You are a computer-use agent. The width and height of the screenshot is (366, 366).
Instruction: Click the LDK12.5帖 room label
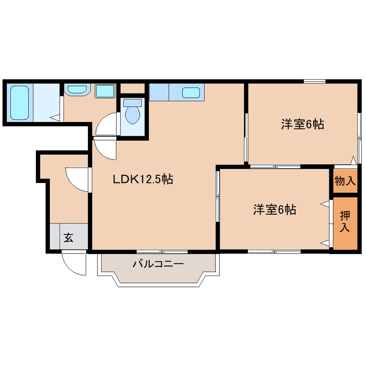point(143,179)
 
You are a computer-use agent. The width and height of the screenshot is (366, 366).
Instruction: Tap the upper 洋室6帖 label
point(302,124)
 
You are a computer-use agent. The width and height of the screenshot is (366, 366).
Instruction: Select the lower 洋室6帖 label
point(275,209)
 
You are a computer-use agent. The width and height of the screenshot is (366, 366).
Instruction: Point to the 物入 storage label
point(345,181)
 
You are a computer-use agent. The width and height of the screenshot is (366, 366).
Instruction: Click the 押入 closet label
point(345,221)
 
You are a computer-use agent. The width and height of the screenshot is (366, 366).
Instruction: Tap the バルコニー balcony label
point(158,264)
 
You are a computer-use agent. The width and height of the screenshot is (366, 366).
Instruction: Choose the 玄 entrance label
point(69,238)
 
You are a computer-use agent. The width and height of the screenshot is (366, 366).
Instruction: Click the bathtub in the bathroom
point(19,103)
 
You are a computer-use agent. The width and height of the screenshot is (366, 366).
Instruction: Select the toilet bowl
point(132,116)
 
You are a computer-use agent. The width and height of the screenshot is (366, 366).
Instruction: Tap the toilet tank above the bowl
point(132,103)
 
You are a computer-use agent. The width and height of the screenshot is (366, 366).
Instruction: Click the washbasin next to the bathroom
point(77,90)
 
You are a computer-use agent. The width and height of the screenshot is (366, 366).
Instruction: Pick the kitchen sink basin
point(191,93)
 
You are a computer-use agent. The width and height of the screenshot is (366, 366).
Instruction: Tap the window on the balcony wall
point(162,252)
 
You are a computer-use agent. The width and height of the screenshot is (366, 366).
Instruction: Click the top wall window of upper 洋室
point(315,81)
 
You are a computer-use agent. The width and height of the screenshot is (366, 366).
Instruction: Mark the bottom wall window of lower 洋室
point(274,251)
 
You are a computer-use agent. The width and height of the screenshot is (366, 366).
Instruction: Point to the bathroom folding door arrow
point(55,117)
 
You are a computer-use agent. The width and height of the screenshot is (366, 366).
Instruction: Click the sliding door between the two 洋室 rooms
point(276,167)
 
